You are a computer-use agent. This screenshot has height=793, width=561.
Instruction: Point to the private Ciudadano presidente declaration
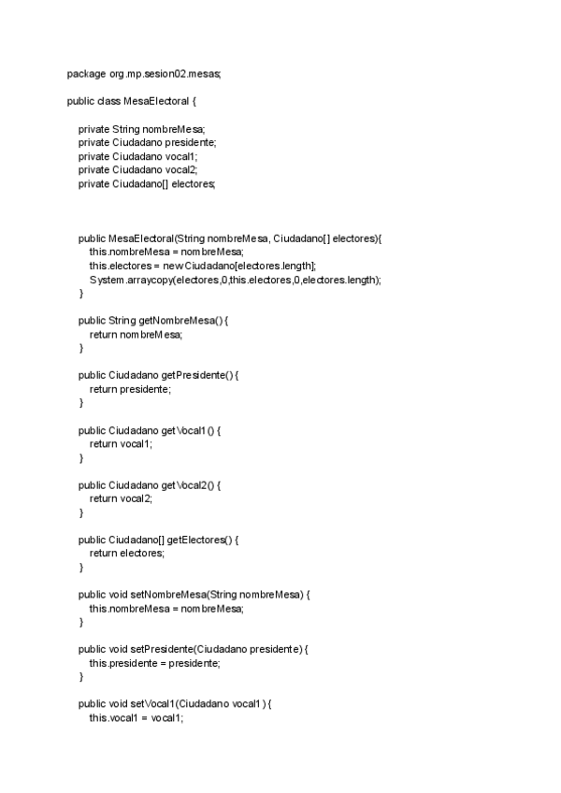(x=148, y=142)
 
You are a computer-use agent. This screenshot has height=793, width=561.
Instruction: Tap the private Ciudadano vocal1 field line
(x=138, y=156)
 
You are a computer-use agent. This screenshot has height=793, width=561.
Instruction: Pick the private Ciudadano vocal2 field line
(x=138, y=170)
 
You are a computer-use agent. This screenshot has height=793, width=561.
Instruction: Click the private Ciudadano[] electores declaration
(x=147, y=184)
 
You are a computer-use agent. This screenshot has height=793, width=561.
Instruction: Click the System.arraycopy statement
(x=236, y=281)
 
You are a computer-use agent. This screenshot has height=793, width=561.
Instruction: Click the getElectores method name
(x=201, y=541)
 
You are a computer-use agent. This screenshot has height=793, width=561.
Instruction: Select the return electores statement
(x=127, y=554)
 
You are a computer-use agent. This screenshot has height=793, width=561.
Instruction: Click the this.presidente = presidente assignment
(x=155, y=664)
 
